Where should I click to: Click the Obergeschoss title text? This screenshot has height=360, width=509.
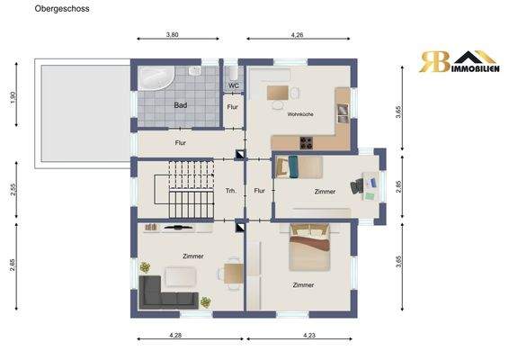pyautogui.click(x=62, y=9)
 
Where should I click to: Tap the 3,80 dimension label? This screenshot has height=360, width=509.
pyautogui.click(x=173, y=34)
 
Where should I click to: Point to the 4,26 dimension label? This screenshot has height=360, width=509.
pyautogui.click(x=297, y=34)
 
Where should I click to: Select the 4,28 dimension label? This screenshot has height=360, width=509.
pyautogui.click(x=175, y=335)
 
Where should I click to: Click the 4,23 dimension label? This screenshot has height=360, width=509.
pyautogui.click(x=309, y=335)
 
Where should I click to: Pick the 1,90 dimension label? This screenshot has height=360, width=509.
pyautogui.click(x=13, y=97)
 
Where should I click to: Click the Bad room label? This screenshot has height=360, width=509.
pyautogui.click(x=181, y=105)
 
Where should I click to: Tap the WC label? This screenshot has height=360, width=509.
pyautogui.click(x=234, y=85)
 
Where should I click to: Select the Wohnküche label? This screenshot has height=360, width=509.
pyautogui.click(x=300, y=114)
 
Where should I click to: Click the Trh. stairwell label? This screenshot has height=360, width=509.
pyautogui.click(x=231, y=191)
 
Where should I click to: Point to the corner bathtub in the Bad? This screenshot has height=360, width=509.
pyautogui.click(x=156, y=78)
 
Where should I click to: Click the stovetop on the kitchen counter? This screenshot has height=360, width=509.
pyautogui.click(x=306, y=142)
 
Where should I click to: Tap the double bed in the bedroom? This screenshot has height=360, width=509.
pyautogui.click(x=309, y=247)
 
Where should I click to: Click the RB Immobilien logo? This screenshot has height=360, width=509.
pyautogui.click(x=459, y=61)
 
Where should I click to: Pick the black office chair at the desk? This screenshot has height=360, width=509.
pyautogui.click(x=357, y=186)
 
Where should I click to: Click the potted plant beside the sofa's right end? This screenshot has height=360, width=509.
pyautogui.click(x=205, y=302)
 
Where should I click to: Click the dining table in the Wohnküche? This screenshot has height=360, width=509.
pyautogui.click(x=278, y=93)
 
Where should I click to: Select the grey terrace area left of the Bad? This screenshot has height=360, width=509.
pyautogui.click(x=85, y=113)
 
